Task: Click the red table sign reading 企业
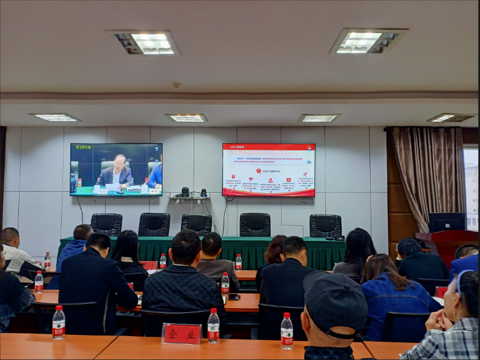(181, 334)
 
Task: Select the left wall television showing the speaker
(116, 169)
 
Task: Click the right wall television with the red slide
(268, 170)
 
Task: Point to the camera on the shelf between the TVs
(185, 192)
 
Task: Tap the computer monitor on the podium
(446, 221)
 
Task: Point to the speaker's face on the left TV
(120, 163)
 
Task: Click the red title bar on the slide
(268, 147)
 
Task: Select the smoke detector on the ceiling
(176, 85)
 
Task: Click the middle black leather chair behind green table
(196, 224)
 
